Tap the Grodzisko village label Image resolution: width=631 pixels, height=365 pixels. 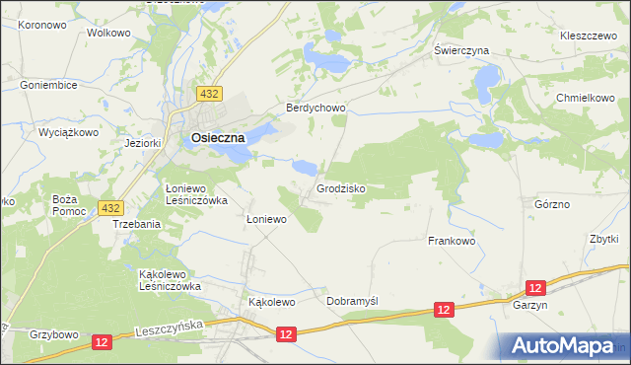pos(342,187)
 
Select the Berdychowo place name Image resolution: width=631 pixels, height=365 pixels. pos(315,108)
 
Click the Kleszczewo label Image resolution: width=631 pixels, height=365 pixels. pos(589,34)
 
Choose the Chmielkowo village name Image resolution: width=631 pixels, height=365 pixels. pos(585,99)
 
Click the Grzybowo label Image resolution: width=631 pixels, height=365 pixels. pos(53,334)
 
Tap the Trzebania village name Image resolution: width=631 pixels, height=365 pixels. pos(136,224)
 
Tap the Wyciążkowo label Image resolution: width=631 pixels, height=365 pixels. pos(68,131)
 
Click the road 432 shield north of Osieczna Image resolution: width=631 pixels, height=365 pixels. pos(207,94)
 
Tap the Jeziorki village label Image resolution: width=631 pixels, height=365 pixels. pos(143,143)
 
